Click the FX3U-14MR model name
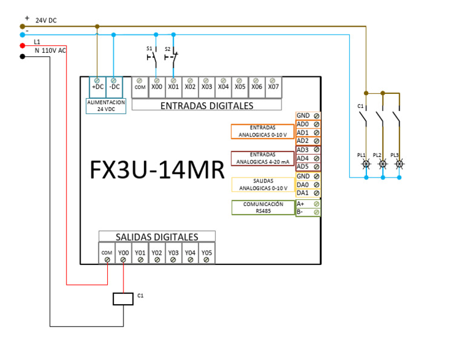point(157,170)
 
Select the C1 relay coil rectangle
point(124,298)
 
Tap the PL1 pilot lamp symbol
point(366,164)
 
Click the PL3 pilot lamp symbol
point(399,164)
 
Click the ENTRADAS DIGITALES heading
point(206,105)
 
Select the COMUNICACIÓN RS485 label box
point(263,207)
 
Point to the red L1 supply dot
point(22,45)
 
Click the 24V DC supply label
point(46,20)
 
